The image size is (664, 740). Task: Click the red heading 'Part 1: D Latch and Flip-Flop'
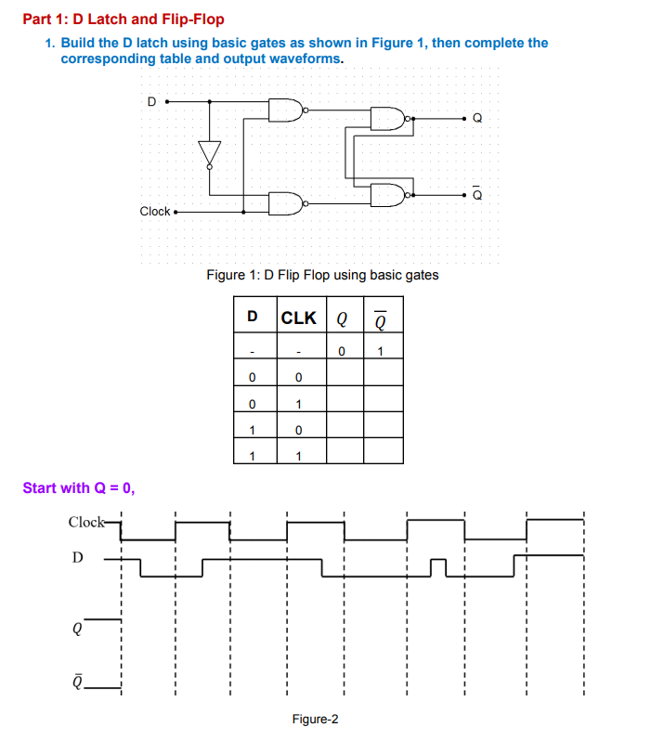tap(124, 19)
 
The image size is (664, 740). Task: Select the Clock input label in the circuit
tap(155, 212)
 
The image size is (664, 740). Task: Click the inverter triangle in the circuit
tap(210, 152)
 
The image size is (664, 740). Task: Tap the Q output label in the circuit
tap(477, 119)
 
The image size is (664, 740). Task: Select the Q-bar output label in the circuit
tap(477, 194)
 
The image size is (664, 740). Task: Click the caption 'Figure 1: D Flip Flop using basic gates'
tap(322, 275)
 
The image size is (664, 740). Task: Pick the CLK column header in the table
tap(298, 318)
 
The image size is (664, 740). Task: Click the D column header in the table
tap(253, 318)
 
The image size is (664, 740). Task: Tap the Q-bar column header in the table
tap(382, 318)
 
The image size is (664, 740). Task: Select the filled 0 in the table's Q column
tap(343, 351)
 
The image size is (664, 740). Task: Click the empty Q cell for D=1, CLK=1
tap(344, 455)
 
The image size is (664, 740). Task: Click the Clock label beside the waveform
tap(87, 522)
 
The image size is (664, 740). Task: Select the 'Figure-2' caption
tap(316, 720)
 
